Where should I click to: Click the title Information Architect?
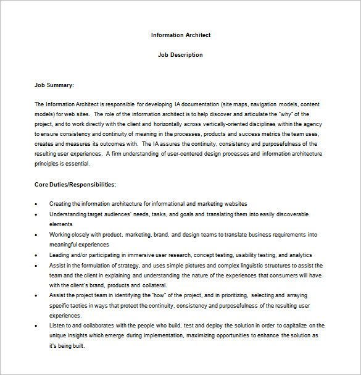[180, 35]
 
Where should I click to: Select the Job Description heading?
[180, 55]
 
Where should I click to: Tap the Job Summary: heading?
[54, 85]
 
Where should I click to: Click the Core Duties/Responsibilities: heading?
[75, 184]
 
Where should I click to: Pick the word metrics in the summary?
[280, 134]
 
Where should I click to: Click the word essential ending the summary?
[77, 164]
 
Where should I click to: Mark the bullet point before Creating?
[36, 204]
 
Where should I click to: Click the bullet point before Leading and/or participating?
[36, 255]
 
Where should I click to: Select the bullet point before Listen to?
[36, 326]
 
